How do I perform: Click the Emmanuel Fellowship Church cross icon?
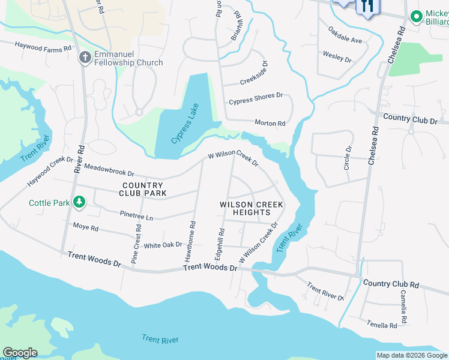[85, 57]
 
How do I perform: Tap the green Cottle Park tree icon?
[79, 202]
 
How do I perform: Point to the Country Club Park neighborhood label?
[142, 190]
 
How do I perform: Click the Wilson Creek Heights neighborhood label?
[252, 208]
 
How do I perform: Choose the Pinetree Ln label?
[136, 214]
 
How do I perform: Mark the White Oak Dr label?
[163, 245]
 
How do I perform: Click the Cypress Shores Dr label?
[255, 96]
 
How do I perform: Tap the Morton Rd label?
[270, 123]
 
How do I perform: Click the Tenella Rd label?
[382, 325]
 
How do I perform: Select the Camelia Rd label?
[405, 306]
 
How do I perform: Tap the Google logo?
[20, 353]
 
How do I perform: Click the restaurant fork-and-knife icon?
[367, 7]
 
